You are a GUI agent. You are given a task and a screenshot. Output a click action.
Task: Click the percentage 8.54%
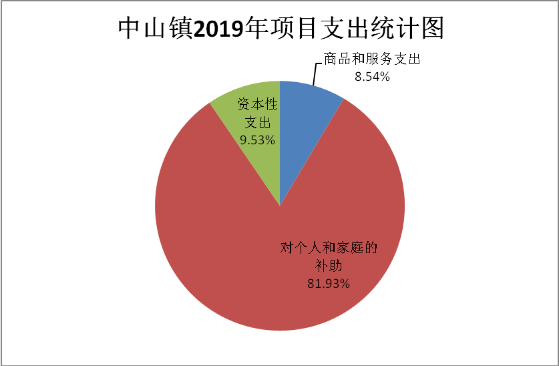[372, 76]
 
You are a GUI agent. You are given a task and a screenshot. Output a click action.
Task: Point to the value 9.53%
[258, 140]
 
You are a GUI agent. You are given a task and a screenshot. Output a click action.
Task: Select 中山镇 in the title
[154, 28]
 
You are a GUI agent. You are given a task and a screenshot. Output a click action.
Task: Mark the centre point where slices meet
[280, 206]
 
